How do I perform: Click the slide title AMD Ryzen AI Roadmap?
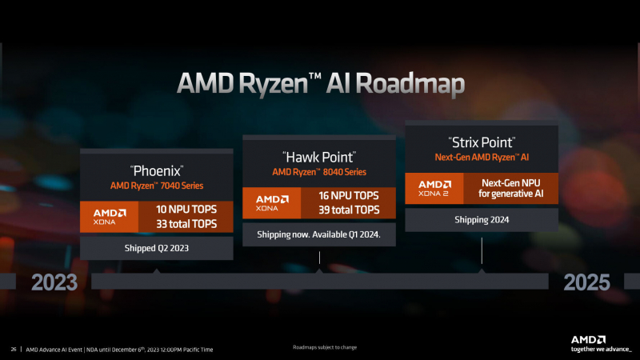pyautogui.click(x=320, y=83)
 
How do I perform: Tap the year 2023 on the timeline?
pyautogui.click(x=54, y=282)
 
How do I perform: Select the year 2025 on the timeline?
pyautogui.click(x=586, y=282)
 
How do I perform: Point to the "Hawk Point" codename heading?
pyautogui.click(x=318, y=156)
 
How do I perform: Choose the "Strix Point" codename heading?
pyautogui.click(x=481, y=142)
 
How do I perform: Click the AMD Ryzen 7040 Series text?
pyautogui.click(x=156, y=186)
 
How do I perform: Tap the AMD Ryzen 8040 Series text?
pyautogui.click(x=318, y=171)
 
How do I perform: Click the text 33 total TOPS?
pyautogui.click(x=187, y=224)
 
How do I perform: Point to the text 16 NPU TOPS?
pyautogui.click(x=349, y=194)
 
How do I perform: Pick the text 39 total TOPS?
pyautogui.click(x=349, y=210)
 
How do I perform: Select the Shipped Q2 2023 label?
pyautogui.click(x=156, y=248)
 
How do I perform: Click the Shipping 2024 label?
pyautogui.click(x=481, y=219)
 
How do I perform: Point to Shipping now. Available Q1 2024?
pyautogui.click(x=318, y=234)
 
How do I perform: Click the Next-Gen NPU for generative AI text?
pyautogui.click(x=512, y=189)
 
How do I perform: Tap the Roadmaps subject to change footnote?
pyautogui.click(x=324, y=347)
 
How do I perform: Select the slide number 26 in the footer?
pyautogui.click(x=14, y=350)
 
